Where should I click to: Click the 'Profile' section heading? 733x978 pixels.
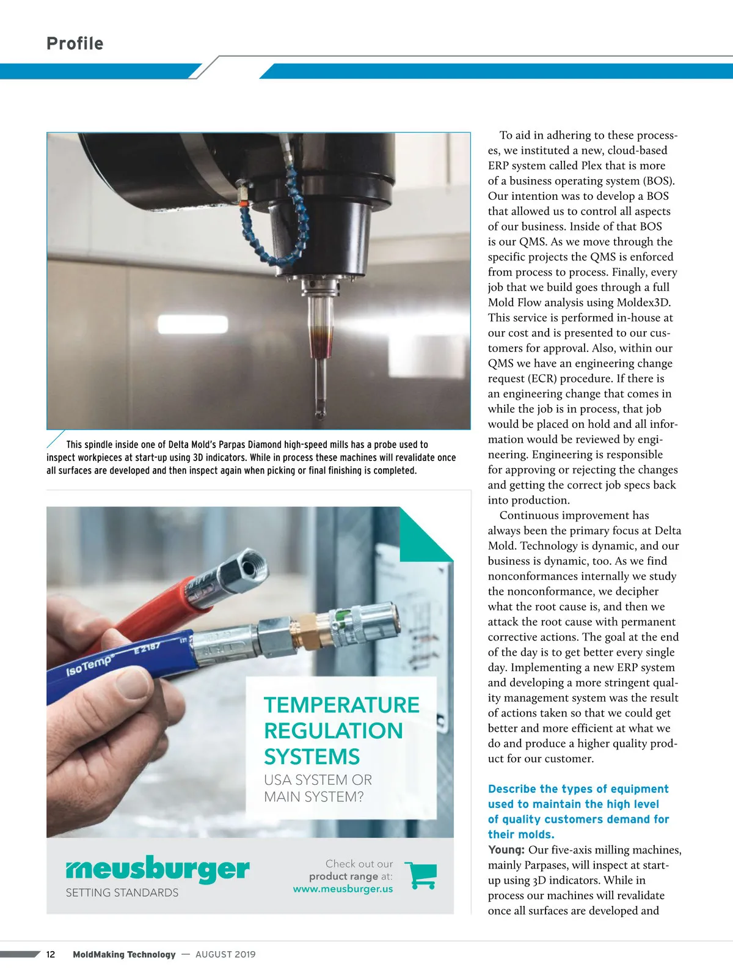[75, 43]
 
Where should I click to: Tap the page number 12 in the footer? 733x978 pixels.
[51, 954]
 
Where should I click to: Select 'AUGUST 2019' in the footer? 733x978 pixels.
[225, 954]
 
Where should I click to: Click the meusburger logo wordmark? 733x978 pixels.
[158, 869]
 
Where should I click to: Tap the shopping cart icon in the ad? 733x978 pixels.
[421, 875]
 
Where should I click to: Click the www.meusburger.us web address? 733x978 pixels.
[343, 889]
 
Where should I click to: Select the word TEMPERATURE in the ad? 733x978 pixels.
[341, 705]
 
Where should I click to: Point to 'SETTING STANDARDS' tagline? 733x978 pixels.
[122, 892]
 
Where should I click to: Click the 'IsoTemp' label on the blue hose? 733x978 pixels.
[89, 665]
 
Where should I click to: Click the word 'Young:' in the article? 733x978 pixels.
[506, 850]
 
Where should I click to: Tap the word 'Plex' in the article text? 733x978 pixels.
[591, 165]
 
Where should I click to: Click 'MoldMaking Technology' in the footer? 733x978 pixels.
[124, 954]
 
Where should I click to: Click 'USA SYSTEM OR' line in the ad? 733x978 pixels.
[318, 780]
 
